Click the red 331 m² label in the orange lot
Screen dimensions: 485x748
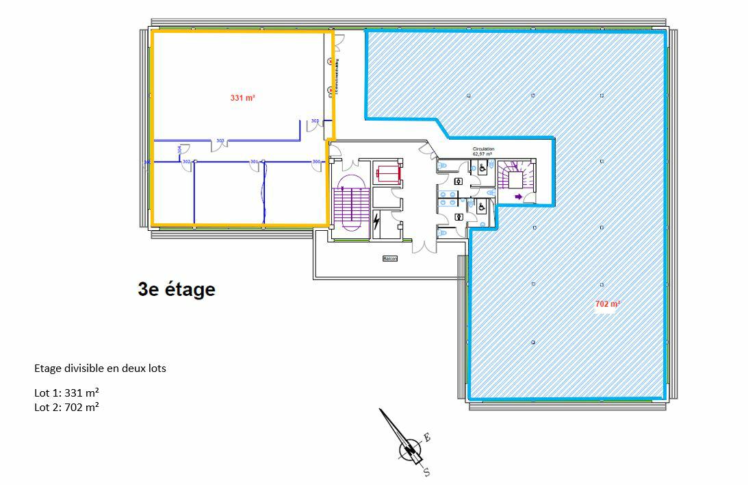(242, 99)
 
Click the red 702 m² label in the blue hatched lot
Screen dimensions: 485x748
(607, 303)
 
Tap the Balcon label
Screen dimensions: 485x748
(390, 259)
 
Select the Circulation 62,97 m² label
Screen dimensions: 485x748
(483, 151)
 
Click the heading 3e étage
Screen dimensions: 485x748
(177, 290)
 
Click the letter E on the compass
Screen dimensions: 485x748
(426, 437)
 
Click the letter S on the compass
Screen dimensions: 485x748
(426, 472)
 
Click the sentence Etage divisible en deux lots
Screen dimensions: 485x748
(100, 369)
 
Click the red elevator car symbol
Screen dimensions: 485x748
(387, 173)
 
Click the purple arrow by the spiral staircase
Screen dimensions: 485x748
(518, 197)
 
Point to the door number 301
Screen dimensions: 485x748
(254, 162)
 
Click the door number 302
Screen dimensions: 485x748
(186, 162)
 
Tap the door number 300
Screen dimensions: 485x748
(316, 162)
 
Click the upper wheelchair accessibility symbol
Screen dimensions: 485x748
(482, 167)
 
